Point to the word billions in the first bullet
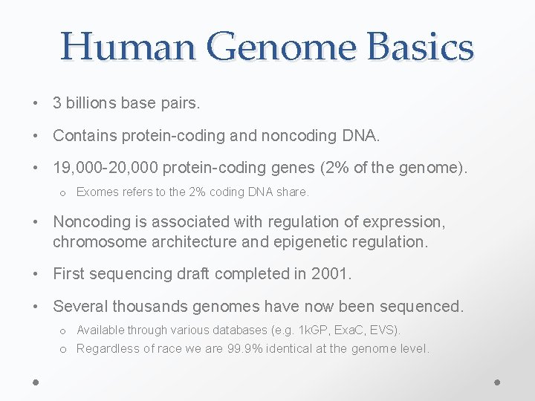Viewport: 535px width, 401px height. coord(91,103)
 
